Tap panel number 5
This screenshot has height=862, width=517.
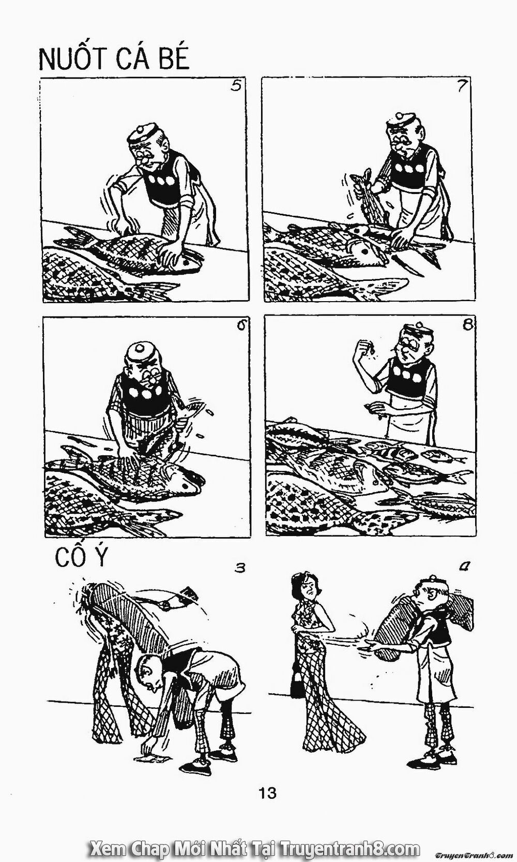coord(236,86)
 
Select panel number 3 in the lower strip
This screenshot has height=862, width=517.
coord(239,568)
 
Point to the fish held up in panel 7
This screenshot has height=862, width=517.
coord(368,199)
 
